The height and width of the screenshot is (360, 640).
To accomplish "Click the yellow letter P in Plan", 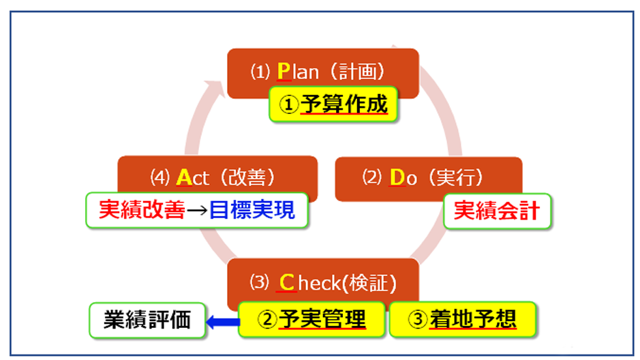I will [284, 70].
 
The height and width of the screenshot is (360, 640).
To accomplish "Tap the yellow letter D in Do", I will [397, 178].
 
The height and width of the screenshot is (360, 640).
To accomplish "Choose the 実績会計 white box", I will [497, 210].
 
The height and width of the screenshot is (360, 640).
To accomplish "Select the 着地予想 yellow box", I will [462, 318].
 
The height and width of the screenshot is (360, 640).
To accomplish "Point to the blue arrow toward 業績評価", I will [222, 320].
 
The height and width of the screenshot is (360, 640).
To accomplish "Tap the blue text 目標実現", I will [252, 210].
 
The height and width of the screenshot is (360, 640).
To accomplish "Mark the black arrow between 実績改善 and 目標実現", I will [196, 210].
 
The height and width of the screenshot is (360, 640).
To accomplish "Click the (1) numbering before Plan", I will [260, 71].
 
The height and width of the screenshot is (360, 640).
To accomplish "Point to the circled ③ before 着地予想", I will [416, 319].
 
